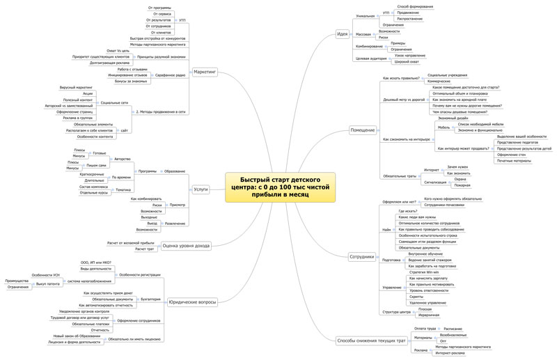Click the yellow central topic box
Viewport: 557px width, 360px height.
280,187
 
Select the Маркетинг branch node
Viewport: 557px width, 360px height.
205,72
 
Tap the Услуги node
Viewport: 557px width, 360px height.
201,189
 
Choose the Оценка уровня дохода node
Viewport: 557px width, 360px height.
186,245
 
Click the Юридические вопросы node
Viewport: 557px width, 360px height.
193,302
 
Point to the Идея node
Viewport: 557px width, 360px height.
342,33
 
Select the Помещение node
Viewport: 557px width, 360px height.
362,130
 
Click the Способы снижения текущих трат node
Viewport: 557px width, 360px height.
370,341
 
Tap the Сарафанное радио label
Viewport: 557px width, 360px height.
171,75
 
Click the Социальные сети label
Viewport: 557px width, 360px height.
114,102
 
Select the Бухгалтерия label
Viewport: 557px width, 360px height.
150,299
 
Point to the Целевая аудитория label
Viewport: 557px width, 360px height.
370,58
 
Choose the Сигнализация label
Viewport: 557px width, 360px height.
436,182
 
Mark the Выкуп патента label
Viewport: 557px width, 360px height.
48,284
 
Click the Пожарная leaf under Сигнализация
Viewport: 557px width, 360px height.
462,185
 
